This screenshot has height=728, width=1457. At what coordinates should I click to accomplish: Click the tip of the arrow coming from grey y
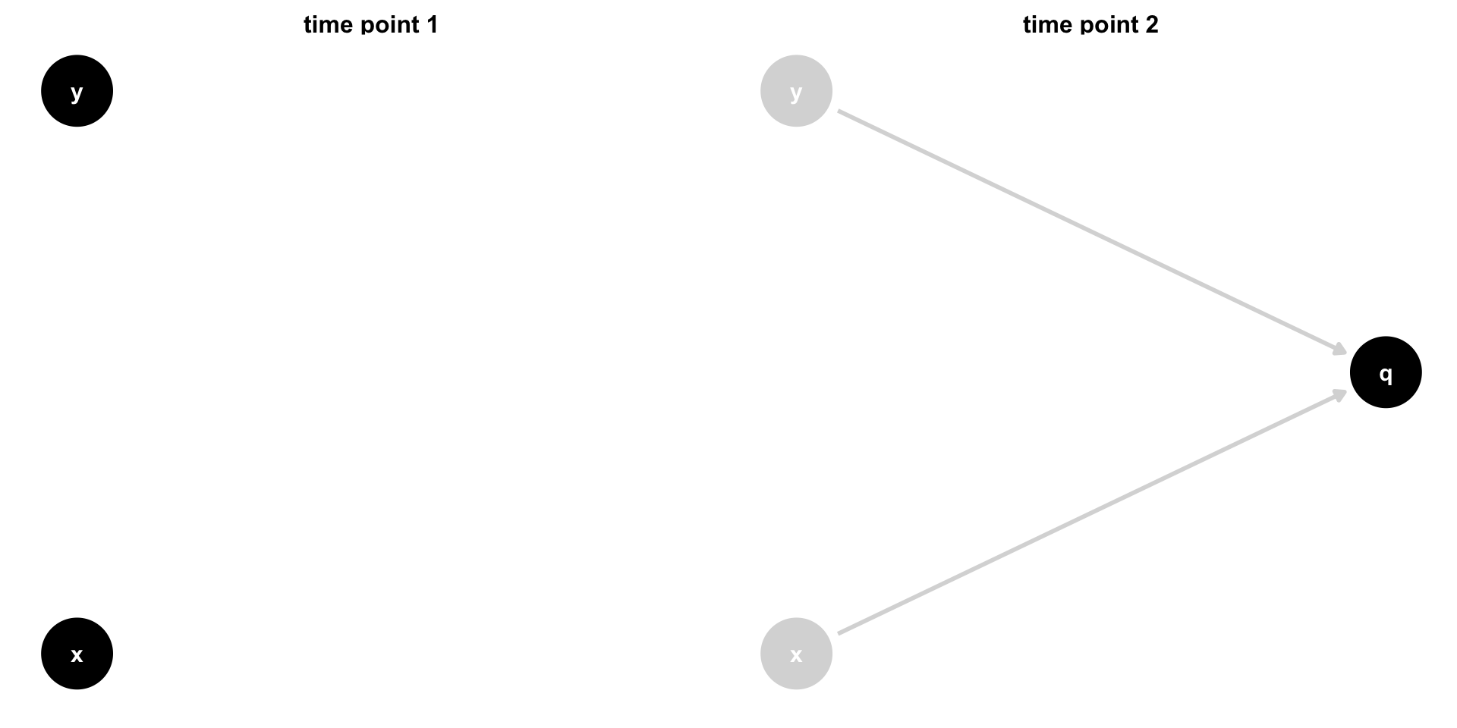[x=1347, y=354]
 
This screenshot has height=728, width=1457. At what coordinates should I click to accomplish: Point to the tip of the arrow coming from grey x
[x=1347, y=391]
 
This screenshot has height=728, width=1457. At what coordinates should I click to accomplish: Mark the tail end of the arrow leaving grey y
[x=838, y=111]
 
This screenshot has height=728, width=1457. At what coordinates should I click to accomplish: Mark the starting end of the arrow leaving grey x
[x=838, y=633]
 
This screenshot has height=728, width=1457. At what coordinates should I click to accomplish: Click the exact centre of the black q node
[x=1386, y=372]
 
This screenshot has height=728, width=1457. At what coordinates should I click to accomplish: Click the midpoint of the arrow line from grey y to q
[x=1093, y=233]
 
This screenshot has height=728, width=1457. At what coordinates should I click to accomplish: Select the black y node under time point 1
[x=77, y=91]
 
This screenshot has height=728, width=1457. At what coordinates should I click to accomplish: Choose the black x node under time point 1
[x=77, y=654]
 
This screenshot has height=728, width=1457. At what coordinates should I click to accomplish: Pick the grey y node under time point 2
[x=796, y=91]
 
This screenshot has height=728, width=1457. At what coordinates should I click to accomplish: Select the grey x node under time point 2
[x=796, y=654]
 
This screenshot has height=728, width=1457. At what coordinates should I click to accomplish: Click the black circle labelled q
[x=1386, y=372]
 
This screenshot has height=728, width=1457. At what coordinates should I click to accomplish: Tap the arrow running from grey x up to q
[x=1093, y=512]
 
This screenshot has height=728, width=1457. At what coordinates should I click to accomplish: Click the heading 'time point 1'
[x=370, y=25]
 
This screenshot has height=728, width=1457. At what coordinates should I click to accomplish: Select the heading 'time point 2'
[x=1090, y=25]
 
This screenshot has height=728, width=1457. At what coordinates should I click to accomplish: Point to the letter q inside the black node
[x=1386, y=374]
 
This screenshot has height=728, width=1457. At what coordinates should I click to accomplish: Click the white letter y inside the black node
[x=77, y=93]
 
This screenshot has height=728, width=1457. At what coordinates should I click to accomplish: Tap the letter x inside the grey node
[x=796, y=654]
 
